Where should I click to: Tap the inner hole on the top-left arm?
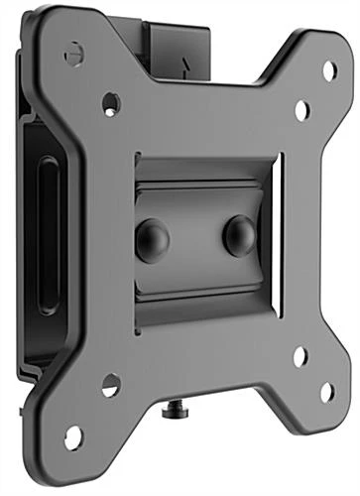point(111,102)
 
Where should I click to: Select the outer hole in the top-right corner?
point(329,70)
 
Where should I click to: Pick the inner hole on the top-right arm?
point(302,109)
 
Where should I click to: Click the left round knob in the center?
point(153,240)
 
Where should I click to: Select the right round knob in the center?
point(239,235)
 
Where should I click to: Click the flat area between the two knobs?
point(196,238)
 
